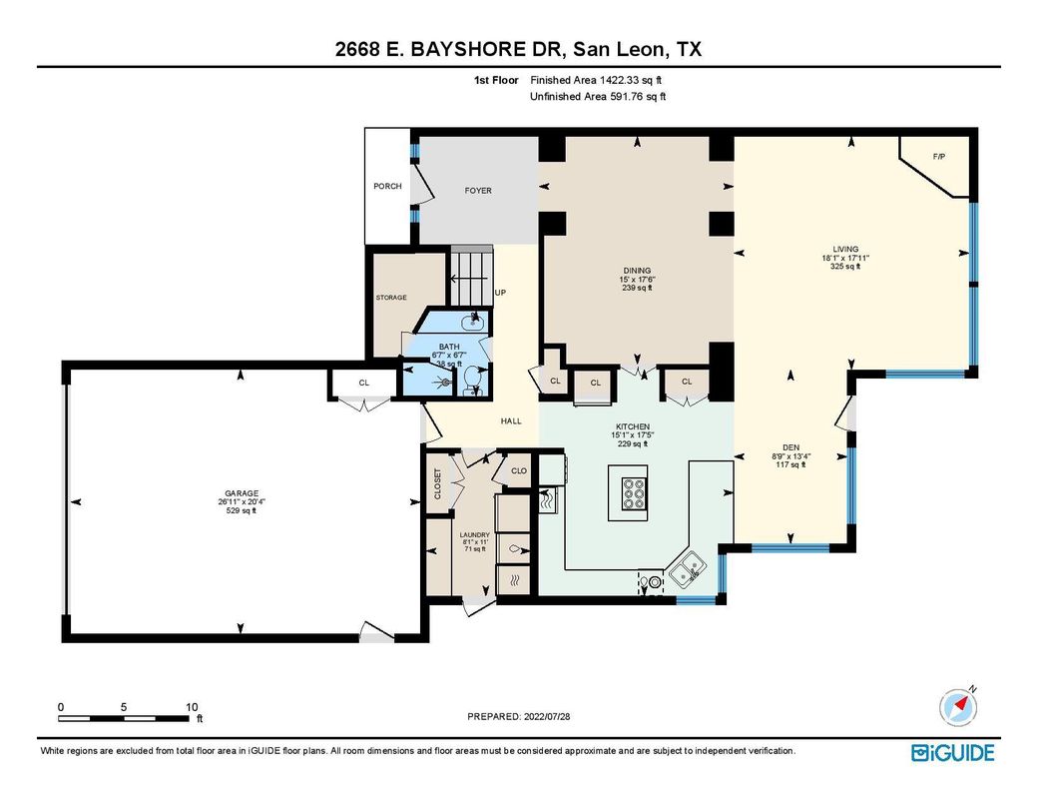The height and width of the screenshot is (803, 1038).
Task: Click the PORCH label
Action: (387, 186)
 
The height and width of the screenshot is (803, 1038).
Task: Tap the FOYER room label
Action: (478, 190)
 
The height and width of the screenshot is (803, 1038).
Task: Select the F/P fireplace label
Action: (939, 157)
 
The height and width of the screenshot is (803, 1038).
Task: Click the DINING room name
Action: (637, 271)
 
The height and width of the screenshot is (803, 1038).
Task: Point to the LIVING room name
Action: (845, 249)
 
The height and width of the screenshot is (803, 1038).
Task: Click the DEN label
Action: (790, 447)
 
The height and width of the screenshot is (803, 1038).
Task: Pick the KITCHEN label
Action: (633, 426)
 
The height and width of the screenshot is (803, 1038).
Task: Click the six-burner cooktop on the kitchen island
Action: (633, 493)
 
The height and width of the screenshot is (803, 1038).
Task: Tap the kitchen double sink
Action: (687, 569)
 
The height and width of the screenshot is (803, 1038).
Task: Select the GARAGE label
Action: (241, 493)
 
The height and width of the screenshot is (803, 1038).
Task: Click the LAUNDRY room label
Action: (475, 534)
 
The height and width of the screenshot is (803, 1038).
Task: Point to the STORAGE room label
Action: (391, 298)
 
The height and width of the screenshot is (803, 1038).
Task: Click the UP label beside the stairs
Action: (500, 293)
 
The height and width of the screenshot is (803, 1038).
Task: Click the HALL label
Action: (511, 420)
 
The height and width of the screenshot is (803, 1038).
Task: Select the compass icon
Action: (958, 707)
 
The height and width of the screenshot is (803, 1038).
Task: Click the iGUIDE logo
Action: (952, 753)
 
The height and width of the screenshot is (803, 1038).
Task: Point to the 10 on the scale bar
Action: (192, 707)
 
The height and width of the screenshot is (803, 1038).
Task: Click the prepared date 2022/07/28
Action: (547, 716)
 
